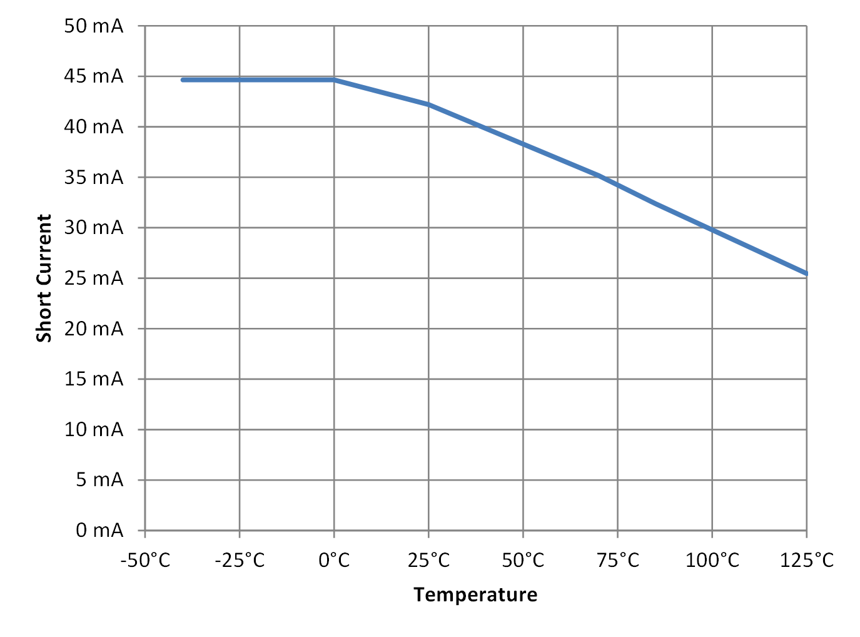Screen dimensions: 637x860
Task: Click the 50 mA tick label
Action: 94,26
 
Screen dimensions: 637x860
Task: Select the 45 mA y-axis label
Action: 94,76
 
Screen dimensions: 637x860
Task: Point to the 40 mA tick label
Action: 94,127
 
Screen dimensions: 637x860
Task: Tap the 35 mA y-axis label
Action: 94,178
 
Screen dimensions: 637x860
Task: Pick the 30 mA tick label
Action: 94,228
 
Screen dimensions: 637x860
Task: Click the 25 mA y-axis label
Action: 94,278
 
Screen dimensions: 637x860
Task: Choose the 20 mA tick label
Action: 94,329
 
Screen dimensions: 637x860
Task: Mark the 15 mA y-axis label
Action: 94,379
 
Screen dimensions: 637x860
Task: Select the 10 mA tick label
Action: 94,430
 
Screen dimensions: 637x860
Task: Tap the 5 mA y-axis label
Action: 99,480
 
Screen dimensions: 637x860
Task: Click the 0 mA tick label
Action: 99,531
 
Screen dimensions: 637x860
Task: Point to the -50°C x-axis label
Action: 145,559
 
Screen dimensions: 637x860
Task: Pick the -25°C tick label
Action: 240,559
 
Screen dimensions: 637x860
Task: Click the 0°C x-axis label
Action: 334,559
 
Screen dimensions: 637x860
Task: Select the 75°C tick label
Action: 618,559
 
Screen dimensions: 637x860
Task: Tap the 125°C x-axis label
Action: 807,559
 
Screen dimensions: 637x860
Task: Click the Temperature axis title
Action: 475,594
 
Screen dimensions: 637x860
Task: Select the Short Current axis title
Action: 44,278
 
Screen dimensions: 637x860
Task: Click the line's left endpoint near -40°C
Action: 183,80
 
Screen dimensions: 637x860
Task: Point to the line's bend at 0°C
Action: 334,80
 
